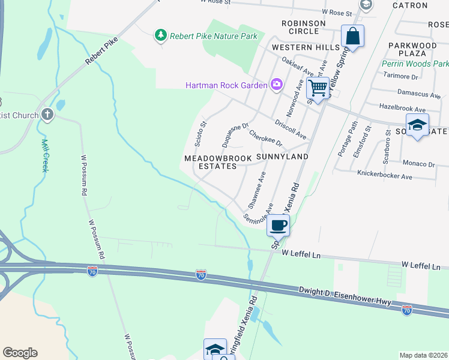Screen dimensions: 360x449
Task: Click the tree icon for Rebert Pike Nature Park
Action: (x=160, y=36)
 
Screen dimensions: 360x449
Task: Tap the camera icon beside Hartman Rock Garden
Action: (x=276, y=85)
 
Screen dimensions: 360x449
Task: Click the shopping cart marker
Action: (x=318, y=88)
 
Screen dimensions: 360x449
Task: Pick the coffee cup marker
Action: (x=278, y=226)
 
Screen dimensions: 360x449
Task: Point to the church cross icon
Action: (x=48, y=115)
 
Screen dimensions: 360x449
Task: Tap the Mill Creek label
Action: (x=44, y=155)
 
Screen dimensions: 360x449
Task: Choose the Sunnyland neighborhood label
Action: (x=282, y=157)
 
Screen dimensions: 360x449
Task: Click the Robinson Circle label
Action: (x=303, y=27)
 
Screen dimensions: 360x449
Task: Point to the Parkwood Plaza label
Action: (x=412, y=50)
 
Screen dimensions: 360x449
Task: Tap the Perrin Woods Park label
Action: (x=415, y=64)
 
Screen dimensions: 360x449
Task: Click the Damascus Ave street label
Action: (x=419, y=94)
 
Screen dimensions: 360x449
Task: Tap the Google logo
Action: (x=20, y=353)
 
